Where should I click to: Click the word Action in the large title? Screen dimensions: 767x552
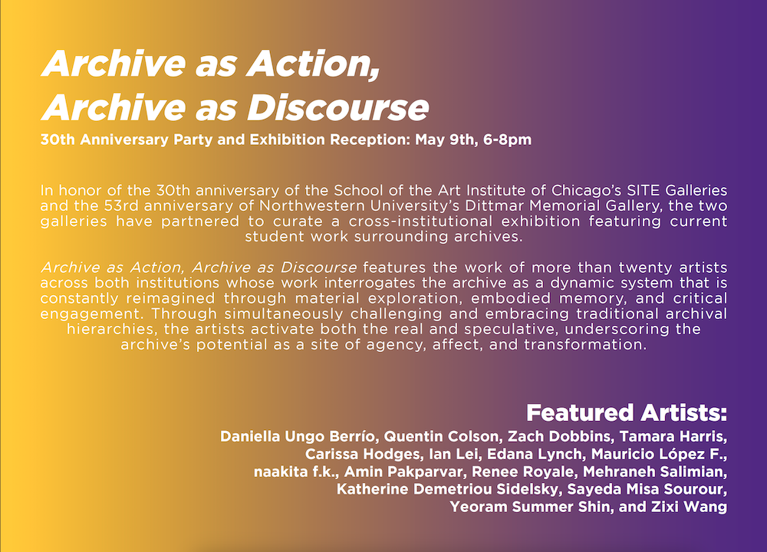pyautogui.click(x=313, y=64)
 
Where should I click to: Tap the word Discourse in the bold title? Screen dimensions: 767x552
pyautogui.click(x=338, y=107)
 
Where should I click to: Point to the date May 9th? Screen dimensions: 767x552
pyautogui.click(x=445, y=140)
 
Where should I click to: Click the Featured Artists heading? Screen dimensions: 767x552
pyautogui.click(x=627, y=412)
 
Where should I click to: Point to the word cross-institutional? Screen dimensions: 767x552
pyautogui.click(x=420, y=222)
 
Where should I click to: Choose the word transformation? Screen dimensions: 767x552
pyautogui.click(x=585, y=345)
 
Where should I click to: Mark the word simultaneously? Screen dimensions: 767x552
pyautogui.click(x=285, y=314)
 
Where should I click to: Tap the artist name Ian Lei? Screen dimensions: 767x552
pyautogui.click(x=453, y=454)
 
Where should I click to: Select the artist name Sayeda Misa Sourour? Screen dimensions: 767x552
pyautogui.click(x=645, y=489)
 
